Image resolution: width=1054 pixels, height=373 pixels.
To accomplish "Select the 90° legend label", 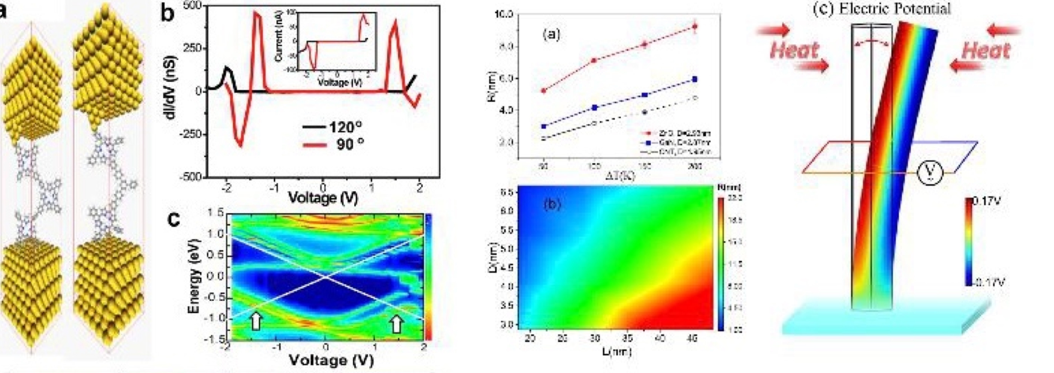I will point(350,144).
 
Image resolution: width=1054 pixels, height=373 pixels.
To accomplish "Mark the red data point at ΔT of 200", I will point(694,27).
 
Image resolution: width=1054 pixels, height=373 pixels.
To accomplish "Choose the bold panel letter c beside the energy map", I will point(174,220).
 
